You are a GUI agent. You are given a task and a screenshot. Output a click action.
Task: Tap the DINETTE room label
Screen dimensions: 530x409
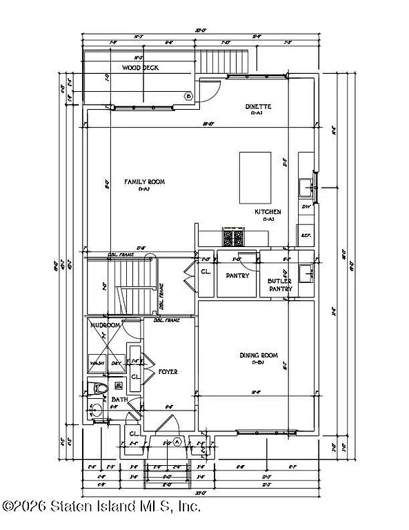coord(259,107)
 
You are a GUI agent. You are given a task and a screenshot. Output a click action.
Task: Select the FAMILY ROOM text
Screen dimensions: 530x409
coord(144,182)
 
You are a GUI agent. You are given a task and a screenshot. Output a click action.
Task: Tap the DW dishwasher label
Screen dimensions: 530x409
coord(306,206)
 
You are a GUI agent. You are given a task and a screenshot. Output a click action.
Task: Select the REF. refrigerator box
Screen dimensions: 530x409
coord(306,235)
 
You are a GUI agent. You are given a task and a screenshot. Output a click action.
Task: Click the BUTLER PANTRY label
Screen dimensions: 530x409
coord(281,286)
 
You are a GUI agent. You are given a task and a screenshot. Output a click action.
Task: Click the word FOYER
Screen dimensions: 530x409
coord(168,372)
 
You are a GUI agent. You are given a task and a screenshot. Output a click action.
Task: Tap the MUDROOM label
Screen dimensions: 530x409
coord(106,325)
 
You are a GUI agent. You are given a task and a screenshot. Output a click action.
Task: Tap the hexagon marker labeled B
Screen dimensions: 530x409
coord(188,97)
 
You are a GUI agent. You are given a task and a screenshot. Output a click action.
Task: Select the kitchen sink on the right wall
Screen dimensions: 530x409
coord(305,186)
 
